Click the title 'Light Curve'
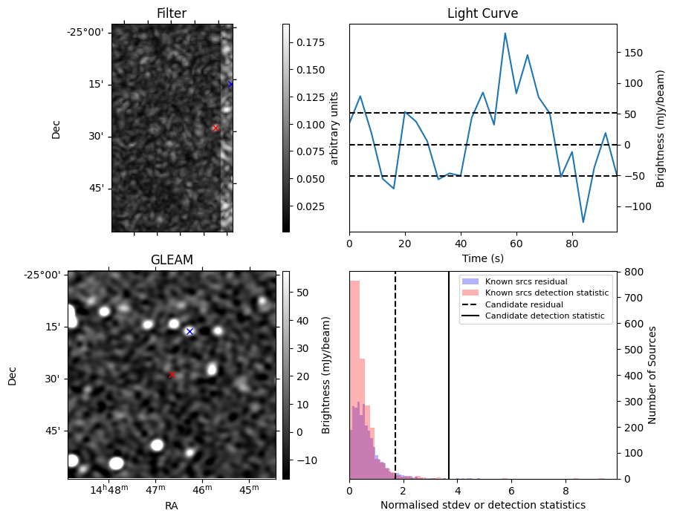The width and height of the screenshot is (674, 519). (482, 13)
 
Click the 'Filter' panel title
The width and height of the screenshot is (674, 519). (172, 13)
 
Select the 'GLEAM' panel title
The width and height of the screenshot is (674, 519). (172, 260)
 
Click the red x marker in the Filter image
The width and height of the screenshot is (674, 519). (216, 128)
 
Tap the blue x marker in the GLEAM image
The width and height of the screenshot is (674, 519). (189, 331)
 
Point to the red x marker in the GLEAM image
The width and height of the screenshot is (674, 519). (172, 375)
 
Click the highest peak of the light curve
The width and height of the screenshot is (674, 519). (505, 33)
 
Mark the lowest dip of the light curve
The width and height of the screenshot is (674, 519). (583, 222)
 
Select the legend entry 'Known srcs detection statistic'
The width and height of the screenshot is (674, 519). (546, 293)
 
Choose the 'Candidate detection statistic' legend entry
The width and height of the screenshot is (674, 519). (544, 316)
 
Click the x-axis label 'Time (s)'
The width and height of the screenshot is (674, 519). (482, 259)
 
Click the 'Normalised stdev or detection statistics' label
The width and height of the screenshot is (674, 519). (482, 506)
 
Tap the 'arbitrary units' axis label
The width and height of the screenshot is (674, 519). (334, 128)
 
